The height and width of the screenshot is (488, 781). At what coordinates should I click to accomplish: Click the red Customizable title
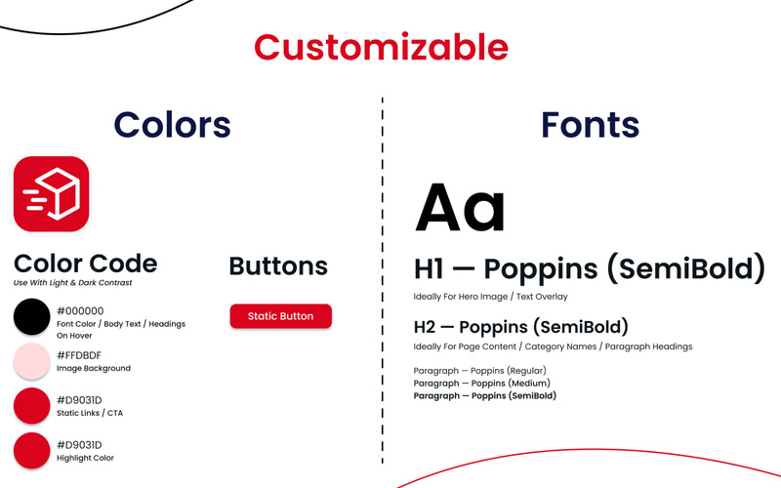[381, 47]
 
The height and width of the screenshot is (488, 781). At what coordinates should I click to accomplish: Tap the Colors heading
[173, 125]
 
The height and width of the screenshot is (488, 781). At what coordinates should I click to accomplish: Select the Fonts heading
[591, 125]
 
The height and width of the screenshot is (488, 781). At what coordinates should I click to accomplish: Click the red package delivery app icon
[52, 193]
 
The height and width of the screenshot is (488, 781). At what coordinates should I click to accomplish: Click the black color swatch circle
[32, 316]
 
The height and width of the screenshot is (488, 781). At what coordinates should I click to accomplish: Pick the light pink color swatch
[32, 361]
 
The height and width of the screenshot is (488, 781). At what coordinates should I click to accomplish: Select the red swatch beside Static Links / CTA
[32, 406]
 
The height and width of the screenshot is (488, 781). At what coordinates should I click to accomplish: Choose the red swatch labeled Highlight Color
[32, 451]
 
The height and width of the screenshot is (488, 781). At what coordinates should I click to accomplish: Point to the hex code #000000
[80, 311]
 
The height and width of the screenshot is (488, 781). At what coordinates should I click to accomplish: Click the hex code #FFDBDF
[79, 355]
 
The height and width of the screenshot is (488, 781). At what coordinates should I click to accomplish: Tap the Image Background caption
[94, 369]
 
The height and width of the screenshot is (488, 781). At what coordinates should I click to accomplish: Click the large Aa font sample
[460, 208]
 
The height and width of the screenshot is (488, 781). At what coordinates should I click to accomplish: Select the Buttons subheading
[278, 265]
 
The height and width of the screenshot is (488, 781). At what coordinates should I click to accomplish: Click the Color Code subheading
[86, 264]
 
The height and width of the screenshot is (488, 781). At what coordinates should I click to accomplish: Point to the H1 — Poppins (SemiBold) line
[590, 268]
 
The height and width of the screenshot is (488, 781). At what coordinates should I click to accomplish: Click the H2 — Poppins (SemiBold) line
[521, 327]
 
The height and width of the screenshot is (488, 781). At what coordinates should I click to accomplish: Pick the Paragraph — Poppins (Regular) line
[479, 371]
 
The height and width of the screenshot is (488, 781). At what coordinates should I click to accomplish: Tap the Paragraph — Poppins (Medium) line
[481, 384]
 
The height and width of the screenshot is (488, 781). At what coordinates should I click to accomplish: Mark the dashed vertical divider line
[383, 280]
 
